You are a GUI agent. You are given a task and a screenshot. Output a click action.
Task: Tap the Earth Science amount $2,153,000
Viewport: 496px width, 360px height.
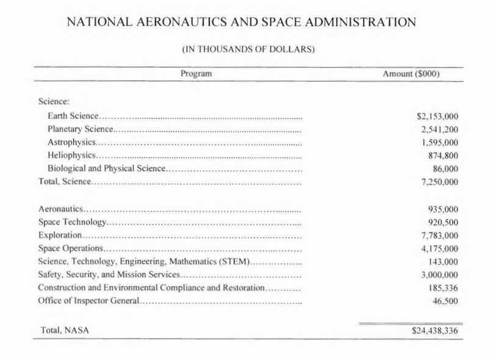(436, 116)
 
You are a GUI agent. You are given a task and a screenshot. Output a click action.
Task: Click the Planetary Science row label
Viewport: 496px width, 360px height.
(80, 129)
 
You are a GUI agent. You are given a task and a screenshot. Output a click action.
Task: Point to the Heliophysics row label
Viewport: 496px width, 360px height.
(70, 156)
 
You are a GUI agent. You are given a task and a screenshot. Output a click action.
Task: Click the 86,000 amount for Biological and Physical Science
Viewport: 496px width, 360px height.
(445, 168)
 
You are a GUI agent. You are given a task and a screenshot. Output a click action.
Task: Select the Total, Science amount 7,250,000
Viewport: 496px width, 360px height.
(439, 182)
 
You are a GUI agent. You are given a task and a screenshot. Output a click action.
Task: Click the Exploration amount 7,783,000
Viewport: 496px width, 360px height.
(439, 236)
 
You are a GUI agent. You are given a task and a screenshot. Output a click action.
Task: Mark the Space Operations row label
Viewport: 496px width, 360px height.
(70, 248)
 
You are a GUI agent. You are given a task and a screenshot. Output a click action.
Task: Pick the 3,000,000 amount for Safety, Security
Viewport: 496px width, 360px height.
(439, 275)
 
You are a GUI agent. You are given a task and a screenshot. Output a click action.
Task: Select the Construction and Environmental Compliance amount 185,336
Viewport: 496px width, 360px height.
(444, 288)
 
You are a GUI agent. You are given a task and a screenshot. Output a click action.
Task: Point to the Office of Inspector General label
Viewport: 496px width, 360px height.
(89, 301)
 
